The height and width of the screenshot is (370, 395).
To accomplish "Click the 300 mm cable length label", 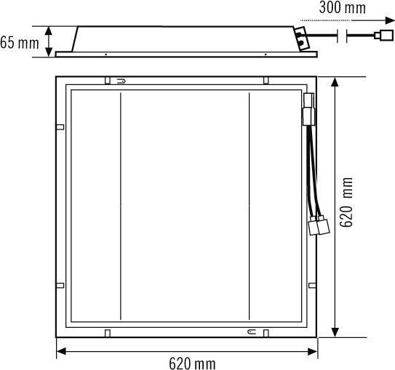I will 342,9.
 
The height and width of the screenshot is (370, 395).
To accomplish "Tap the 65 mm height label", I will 20,42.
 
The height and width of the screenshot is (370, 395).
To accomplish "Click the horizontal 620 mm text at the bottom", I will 191,362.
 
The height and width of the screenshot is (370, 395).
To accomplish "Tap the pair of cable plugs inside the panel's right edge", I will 316,225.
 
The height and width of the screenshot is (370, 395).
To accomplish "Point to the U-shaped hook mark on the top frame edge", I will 121,81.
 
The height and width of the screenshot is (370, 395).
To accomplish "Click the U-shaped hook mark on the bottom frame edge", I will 251,332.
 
